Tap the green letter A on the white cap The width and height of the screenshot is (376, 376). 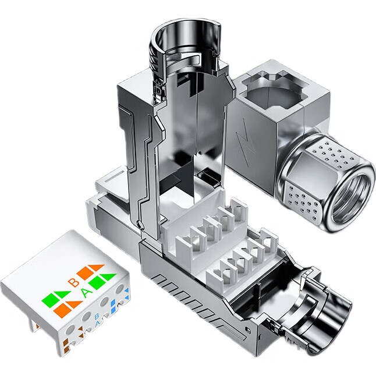pyautogui.click(x=86, y=293)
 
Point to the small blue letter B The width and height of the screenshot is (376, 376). pyautogui.click(x=97, y=317)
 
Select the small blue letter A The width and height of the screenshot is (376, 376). pyautogui.click(x=97, y=324)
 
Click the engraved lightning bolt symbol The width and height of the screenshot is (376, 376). pyautogui.click(x=246, y=142)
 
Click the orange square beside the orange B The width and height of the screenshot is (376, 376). pyautogui.click(x=86, y=274)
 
